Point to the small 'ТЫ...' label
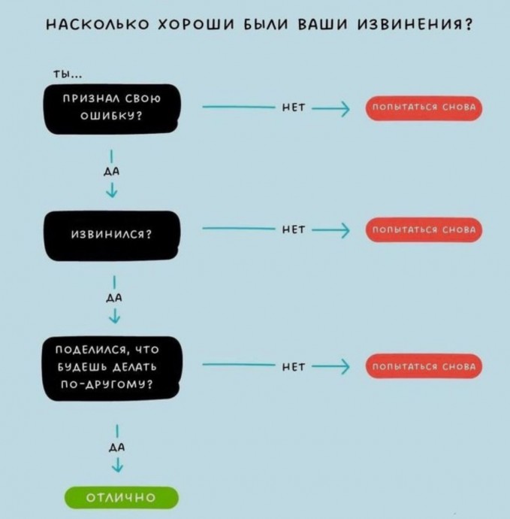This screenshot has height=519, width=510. click(x=68, y=74)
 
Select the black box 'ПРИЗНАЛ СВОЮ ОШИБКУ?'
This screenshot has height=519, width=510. click(x=112, y=109)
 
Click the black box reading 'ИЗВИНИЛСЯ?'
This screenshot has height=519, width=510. click(x=112, y=235)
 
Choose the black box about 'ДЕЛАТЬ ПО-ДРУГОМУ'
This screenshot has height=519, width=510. click(x=112, y=369)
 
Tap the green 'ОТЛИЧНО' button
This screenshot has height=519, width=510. click(x=121, y=497)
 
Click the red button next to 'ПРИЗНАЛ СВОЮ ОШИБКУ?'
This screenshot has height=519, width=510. click(x=424, y=108)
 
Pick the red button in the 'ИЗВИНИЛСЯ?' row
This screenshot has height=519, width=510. click(x=424, y=229)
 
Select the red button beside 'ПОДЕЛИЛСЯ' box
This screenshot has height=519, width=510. click(x=424, y=366)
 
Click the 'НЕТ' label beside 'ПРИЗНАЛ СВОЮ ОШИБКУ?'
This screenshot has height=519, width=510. click(x=294, y=108)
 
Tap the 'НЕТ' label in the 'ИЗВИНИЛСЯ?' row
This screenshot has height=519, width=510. click(x=294, y=229)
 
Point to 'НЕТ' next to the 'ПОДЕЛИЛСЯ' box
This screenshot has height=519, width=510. click(x=294, y=366)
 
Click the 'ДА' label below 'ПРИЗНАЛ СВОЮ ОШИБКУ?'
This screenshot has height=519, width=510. click(x=112, y=171)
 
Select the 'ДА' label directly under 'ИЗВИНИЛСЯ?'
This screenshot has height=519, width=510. click(x=114, y=298)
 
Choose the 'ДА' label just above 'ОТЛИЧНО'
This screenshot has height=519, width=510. click(x=117, y=448)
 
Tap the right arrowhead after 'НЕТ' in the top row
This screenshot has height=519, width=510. click(x=345, y=108)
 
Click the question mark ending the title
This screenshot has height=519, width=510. click(x=469, y=25)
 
